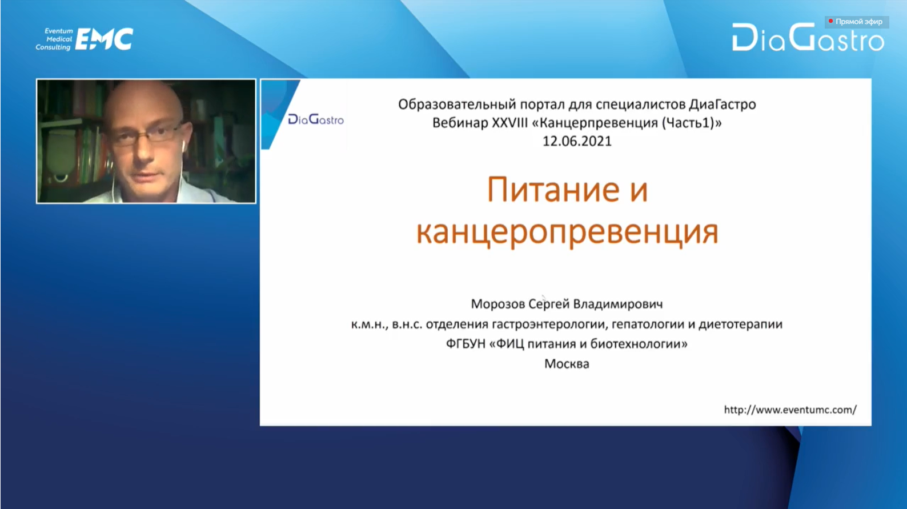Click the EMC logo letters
click(x=104, y=39)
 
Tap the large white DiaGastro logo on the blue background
click(x=808, y=38)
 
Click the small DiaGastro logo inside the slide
click(x=316, y=119)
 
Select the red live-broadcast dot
click(x=830, y=21)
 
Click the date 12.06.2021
click(x=577, y=141)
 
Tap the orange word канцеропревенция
click(x=567, y=233)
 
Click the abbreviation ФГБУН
click(x=465, y=344)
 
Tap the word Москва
click(x=567, y=364)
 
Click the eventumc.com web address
click(x=790, y=410)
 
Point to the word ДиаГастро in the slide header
click(x=723, y=105)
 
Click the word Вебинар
click(x=460, y=122)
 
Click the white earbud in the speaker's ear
click(x=183, y=145)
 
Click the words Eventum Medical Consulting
click(x=54, y=39)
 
